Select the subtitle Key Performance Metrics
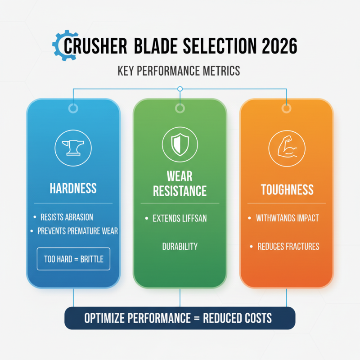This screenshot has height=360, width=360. [179, 71]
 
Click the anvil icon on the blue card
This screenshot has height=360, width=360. [73, 147]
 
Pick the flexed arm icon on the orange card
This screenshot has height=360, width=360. [286, 147]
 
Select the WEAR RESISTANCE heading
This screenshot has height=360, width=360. [180, 183]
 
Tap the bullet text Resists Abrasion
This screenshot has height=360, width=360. [66, 217]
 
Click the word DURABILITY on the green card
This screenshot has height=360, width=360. [180, 247]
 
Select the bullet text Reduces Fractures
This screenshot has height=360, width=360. [288, 246]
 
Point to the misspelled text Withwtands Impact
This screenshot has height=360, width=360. [287, 218]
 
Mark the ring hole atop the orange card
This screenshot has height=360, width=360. [286, 108]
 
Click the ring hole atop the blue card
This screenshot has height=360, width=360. [73, 108]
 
